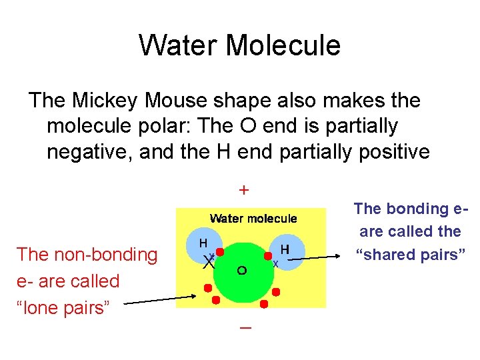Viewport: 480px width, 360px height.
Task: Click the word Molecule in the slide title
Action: pyautogui.click(x=283, y=45)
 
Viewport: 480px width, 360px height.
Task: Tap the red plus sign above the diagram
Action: pyautogui.click(x=245, y=190)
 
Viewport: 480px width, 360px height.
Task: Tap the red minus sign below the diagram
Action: pyautogui.click(x=245, y=329)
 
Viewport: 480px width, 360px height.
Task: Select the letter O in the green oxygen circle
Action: pyautogui.click(x=242, y=271)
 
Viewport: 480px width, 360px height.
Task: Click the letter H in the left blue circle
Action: pyautogui.click(x=203, y=242)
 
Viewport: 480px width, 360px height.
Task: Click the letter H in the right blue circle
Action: pyautogui.click(x=285, y=249)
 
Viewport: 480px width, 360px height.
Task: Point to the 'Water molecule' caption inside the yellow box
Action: pyautogui.click(x=253, y=218)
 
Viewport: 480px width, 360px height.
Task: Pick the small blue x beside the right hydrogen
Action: pyautogui.click(x=275, y=263)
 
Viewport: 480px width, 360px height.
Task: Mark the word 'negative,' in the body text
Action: pyautogui.click(x=89, y=151)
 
